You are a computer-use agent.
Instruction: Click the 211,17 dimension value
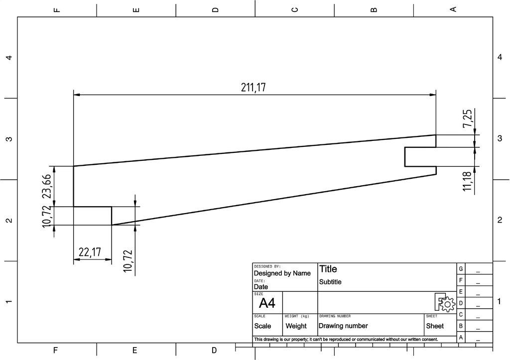tap(254, 88)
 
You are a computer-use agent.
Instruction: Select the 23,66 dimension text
tap(47, 186)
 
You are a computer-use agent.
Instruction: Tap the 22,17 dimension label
tap(90, 252)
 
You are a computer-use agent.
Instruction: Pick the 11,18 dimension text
tap(467, 181)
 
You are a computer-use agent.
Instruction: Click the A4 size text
tap(267, 303)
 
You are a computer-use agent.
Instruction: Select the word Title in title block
tap(328, 269)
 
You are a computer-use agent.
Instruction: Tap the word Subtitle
tap(330, 282)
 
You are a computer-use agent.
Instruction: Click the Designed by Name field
tap(282, 273)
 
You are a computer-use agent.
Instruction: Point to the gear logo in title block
tap(445, 302)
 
